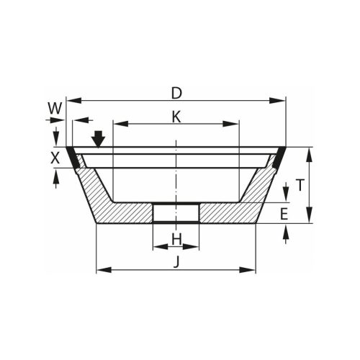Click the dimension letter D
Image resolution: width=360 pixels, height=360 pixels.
176,93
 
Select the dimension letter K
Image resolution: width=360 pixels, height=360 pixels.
176,117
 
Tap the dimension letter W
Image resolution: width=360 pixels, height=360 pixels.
54,107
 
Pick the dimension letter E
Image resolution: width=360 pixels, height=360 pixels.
284,213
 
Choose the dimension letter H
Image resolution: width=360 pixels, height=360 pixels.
176,238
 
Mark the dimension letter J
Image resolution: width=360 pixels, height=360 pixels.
176,262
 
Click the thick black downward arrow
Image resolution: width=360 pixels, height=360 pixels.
99,137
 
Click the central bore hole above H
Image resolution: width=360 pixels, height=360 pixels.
176,213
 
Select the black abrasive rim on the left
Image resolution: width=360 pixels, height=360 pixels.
73,158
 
